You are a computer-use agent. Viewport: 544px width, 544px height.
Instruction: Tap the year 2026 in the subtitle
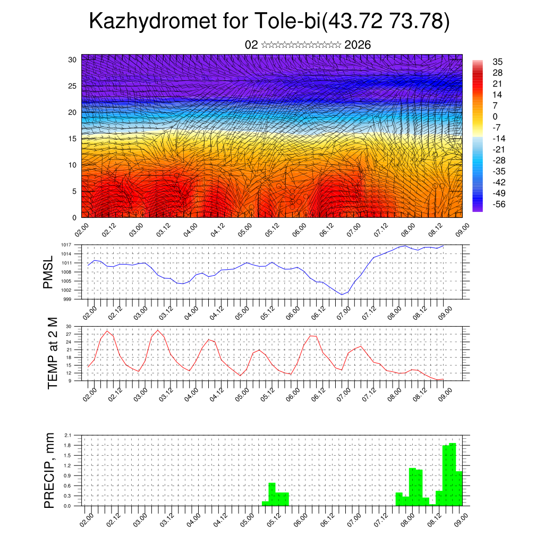(x=358, y=45)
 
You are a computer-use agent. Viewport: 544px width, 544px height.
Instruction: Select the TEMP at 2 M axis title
(x=52, y=353)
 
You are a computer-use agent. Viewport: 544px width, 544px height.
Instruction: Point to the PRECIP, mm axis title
(x=49, y=470)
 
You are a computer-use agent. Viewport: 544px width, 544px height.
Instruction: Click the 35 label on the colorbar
(x=498, y=62)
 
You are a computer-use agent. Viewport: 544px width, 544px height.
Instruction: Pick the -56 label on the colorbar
(x=500, y=203)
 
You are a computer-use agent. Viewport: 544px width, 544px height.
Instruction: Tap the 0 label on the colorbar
(x=495, y=116)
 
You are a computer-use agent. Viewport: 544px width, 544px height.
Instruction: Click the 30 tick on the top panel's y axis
(x=72, y=59)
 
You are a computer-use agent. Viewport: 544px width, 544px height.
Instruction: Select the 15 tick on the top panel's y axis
(x=72, y=139)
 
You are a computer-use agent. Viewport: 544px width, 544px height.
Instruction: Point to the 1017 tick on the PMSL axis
(x=66, y=245)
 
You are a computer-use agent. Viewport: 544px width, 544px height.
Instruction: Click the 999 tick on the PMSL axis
(x=67, y=299)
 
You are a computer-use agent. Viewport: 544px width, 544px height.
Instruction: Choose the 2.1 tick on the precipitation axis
(x=67, y=435)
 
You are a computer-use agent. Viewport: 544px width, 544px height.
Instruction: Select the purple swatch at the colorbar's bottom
(x=478, y=208)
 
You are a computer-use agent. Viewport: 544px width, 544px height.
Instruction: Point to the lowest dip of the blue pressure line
(x=343, y=294)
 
